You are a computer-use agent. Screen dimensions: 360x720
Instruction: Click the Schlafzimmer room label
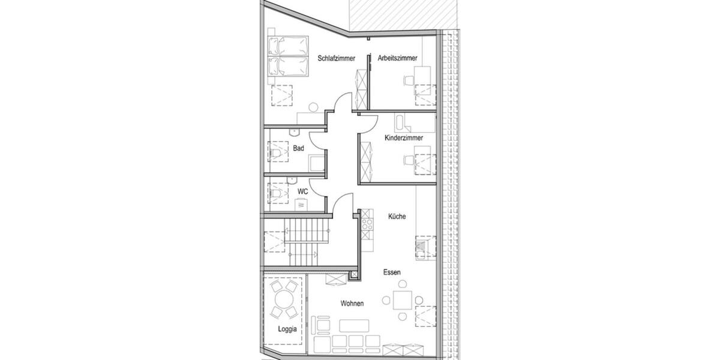[337, 58]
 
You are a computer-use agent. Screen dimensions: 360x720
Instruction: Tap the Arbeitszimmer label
[397, 58]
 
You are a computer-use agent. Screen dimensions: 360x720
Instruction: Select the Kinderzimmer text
[404, 138]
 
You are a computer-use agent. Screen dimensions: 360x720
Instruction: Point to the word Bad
[298, 148]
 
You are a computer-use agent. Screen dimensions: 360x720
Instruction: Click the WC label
[303, 191]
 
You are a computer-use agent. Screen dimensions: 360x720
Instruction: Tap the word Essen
[392, 272]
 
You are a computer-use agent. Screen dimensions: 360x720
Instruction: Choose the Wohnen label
[352, 304]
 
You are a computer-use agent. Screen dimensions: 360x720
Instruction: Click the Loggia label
[287, 329]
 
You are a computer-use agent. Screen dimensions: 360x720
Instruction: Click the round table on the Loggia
[283, 299]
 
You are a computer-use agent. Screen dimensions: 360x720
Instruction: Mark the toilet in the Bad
[277, 154]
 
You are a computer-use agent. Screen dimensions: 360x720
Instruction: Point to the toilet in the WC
[277, 193]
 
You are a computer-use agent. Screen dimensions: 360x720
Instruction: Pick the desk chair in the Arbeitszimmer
[409, 79]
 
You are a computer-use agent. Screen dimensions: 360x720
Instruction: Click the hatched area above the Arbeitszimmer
[395, 14]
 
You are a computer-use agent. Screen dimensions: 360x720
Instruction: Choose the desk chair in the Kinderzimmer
[409, 160]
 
